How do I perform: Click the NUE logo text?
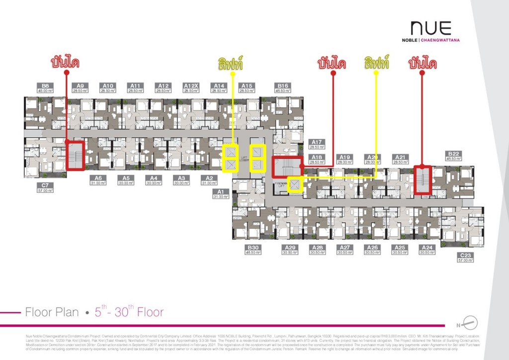[430, 28]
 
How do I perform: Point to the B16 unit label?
[283, 86]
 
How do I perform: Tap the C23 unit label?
[466, 255]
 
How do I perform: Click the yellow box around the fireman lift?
[296, 185]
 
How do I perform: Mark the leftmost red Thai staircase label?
[65, 63]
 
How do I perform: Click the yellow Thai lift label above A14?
[231, 63]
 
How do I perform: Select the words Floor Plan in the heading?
[52, 312]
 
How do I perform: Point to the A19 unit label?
[344, 157]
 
